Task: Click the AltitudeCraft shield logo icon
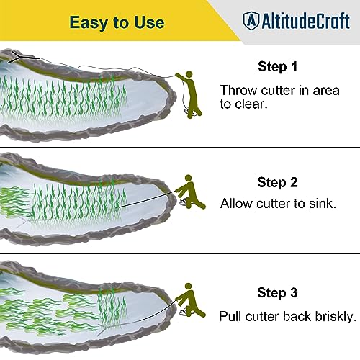click(x=251, y=21)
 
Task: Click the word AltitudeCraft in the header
click(x=305, y=21)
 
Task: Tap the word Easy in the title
click(x=89, y=23)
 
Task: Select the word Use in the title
click(x=149, y=22)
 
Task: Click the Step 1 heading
click(x=278, y=66)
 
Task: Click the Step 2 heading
click(x=277, y=182)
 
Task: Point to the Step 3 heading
click(x=277, y=293)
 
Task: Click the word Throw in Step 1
click(x=239, y=91)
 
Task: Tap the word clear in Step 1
click(x=251, y=104)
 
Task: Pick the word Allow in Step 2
click(x=237, y=204)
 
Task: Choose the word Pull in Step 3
click(x=230, y=316)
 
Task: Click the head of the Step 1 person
click(x=189, y=74)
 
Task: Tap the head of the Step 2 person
click(x=189, y=178)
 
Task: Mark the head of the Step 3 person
click(x=189, y=287)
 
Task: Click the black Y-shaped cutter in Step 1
click(x=21, y=58)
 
